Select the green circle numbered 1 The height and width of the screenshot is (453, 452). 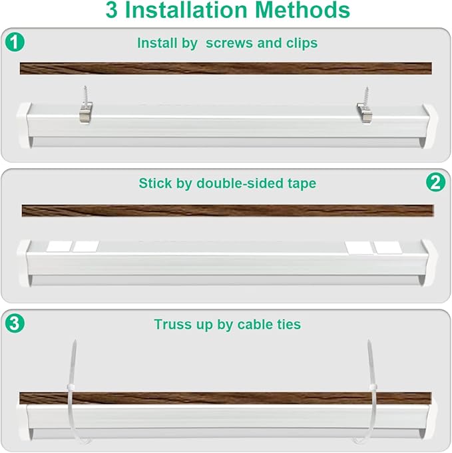click(15, 43)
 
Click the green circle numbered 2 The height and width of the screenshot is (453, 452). click(435, 182)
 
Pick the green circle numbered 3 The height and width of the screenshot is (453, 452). click(15, 324)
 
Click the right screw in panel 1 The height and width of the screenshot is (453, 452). click(365, 96)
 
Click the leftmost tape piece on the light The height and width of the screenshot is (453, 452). click(58, 246)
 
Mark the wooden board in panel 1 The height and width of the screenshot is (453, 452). click(226, 69)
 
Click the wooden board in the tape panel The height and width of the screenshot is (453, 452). click(226, 210)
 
